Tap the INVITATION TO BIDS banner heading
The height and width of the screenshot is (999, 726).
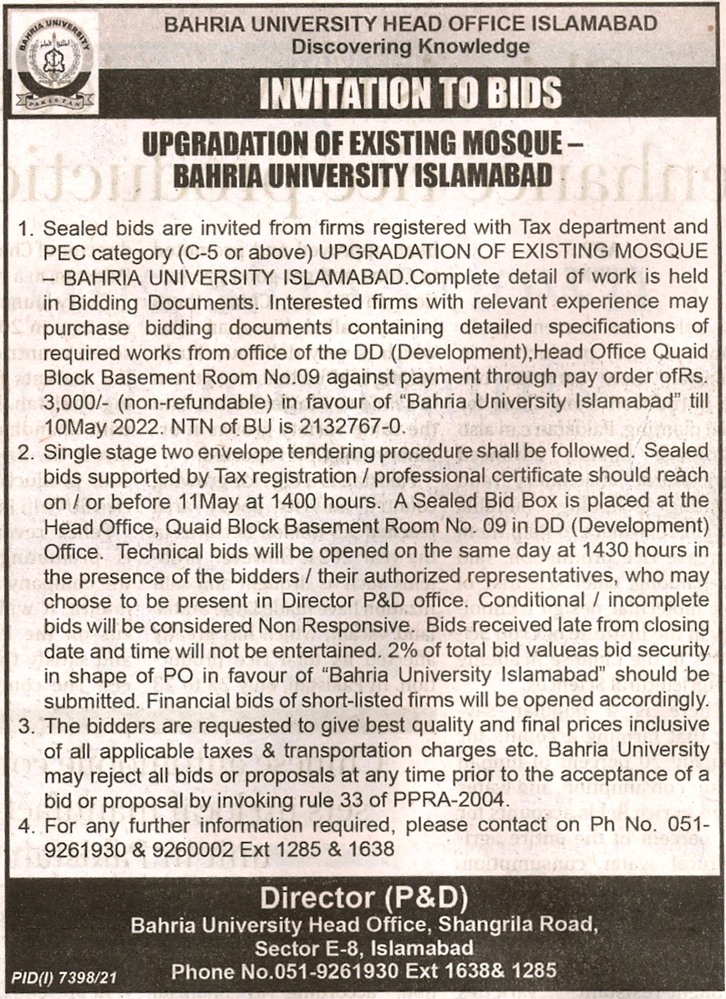click(409, 93)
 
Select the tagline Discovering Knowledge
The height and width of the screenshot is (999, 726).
click(410, 47)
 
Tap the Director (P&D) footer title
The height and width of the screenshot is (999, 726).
click(363, 899)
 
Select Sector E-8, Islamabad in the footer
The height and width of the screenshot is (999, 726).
click(364, 948)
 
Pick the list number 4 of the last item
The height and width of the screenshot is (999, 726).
click(25, 825)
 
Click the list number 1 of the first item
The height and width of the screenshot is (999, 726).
click(25, 228)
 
